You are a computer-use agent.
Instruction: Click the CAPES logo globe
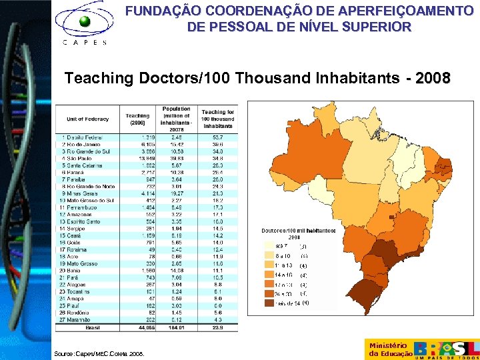coord(83,22)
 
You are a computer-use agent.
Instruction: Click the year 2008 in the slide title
coord(432,79)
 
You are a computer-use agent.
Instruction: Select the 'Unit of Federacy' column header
coord(87,118)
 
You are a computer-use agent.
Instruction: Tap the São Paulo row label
coord(75,158)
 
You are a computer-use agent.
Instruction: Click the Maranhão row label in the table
coord(75,319)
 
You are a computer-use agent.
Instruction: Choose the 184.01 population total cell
coord(176,327)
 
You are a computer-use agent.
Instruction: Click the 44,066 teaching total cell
coord(138,327)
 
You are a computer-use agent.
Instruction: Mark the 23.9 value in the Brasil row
coord(217,327)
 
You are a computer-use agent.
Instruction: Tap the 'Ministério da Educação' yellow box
coord(389,349)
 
